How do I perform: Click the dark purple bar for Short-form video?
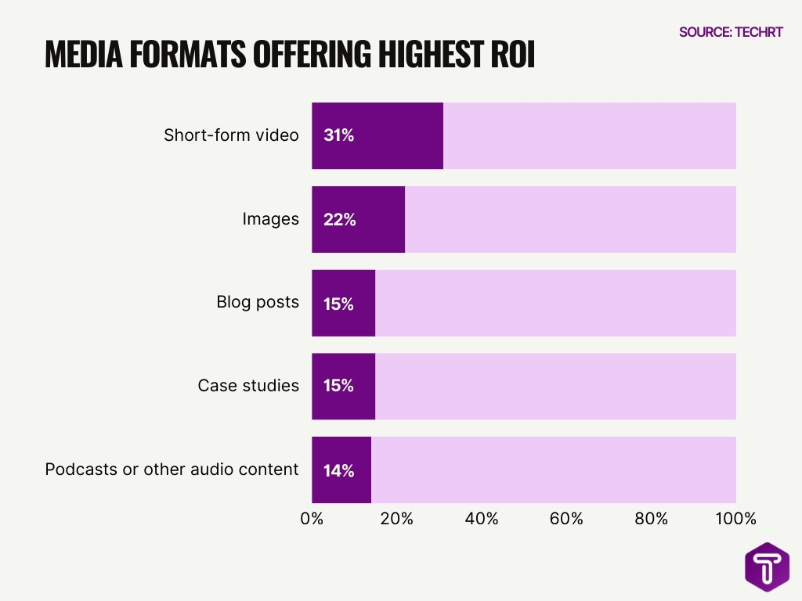point(378,135)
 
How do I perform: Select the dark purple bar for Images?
point(358,219)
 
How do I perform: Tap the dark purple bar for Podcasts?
point(341,470)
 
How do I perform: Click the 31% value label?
point(338,135)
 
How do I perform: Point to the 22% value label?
point(339,220)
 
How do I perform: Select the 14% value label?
point(338,470)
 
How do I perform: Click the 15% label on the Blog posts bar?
point(338,304)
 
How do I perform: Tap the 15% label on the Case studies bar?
point(338,387)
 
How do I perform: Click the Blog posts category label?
point(258,302)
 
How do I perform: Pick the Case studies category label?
point(248,386)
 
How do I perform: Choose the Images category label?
point(270,219)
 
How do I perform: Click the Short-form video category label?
point(231,135)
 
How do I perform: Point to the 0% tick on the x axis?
point(312,519)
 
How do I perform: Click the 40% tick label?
point(482,519)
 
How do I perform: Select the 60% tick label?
point(566,519)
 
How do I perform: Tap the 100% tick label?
point(736,519)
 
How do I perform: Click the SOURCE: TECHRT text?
point(731,32)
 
